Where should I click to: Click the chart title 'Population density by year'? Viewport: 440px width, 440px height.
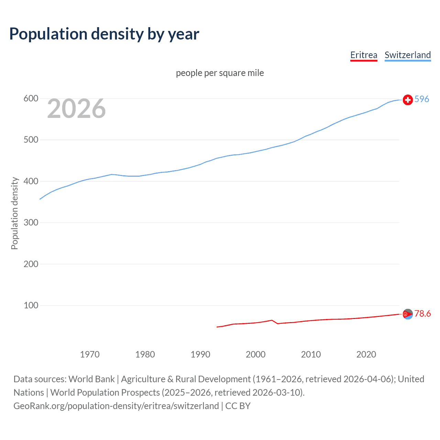tap(104, 34)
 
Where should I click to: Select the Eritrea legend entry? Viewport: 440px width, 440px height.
tap(364, 55)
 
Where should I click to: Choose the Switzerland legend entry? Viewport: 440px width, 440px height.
tap(407, 55)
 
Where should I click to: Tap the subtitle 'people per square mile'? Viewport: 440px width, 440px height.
tap(220, 73)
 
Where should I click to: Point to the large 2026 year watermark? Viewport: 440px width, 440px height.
tap(76, 109)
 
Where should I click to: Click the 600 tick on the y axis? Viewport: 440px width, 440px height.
tap(31, 99)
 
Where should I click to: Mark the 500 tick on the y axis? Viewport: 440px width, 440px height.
tap(31, 140)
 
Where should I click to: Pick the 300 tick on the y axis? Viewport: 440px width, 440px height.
tap(31, 223)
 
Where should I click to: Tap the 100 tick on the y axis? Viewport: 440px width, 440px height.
tap(31, 305)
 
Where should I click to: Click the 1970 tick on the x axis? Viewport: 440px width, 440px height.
tap(90, 354)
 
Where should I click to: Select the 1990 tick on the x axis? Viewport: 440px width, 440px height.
tap(200, 354)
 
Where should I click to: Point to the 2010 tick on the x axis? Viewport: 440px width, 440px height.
tap(311, 354)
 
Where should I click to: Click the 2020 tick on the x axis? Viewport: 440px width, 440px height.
tap(366, 354)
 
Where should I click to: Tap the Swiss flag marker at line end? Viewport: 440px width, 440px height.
tap(408, 100)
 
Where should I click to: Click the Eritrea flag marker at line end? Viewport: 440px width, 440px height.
tap(408, 314)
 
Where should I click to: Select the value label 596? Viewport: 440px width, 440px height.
tap(422, 99)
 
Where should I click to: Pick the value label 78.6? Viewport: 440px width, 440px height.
tap(422, 313)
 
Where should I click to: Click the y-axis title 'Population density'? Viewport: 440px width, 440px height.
tap(14, 213)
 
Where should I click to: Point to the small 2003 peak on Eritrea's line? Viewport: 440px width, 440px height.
tap(272, 320)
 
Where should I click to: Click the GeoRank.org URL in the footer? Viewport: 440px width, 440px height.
tap(116, 406)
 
